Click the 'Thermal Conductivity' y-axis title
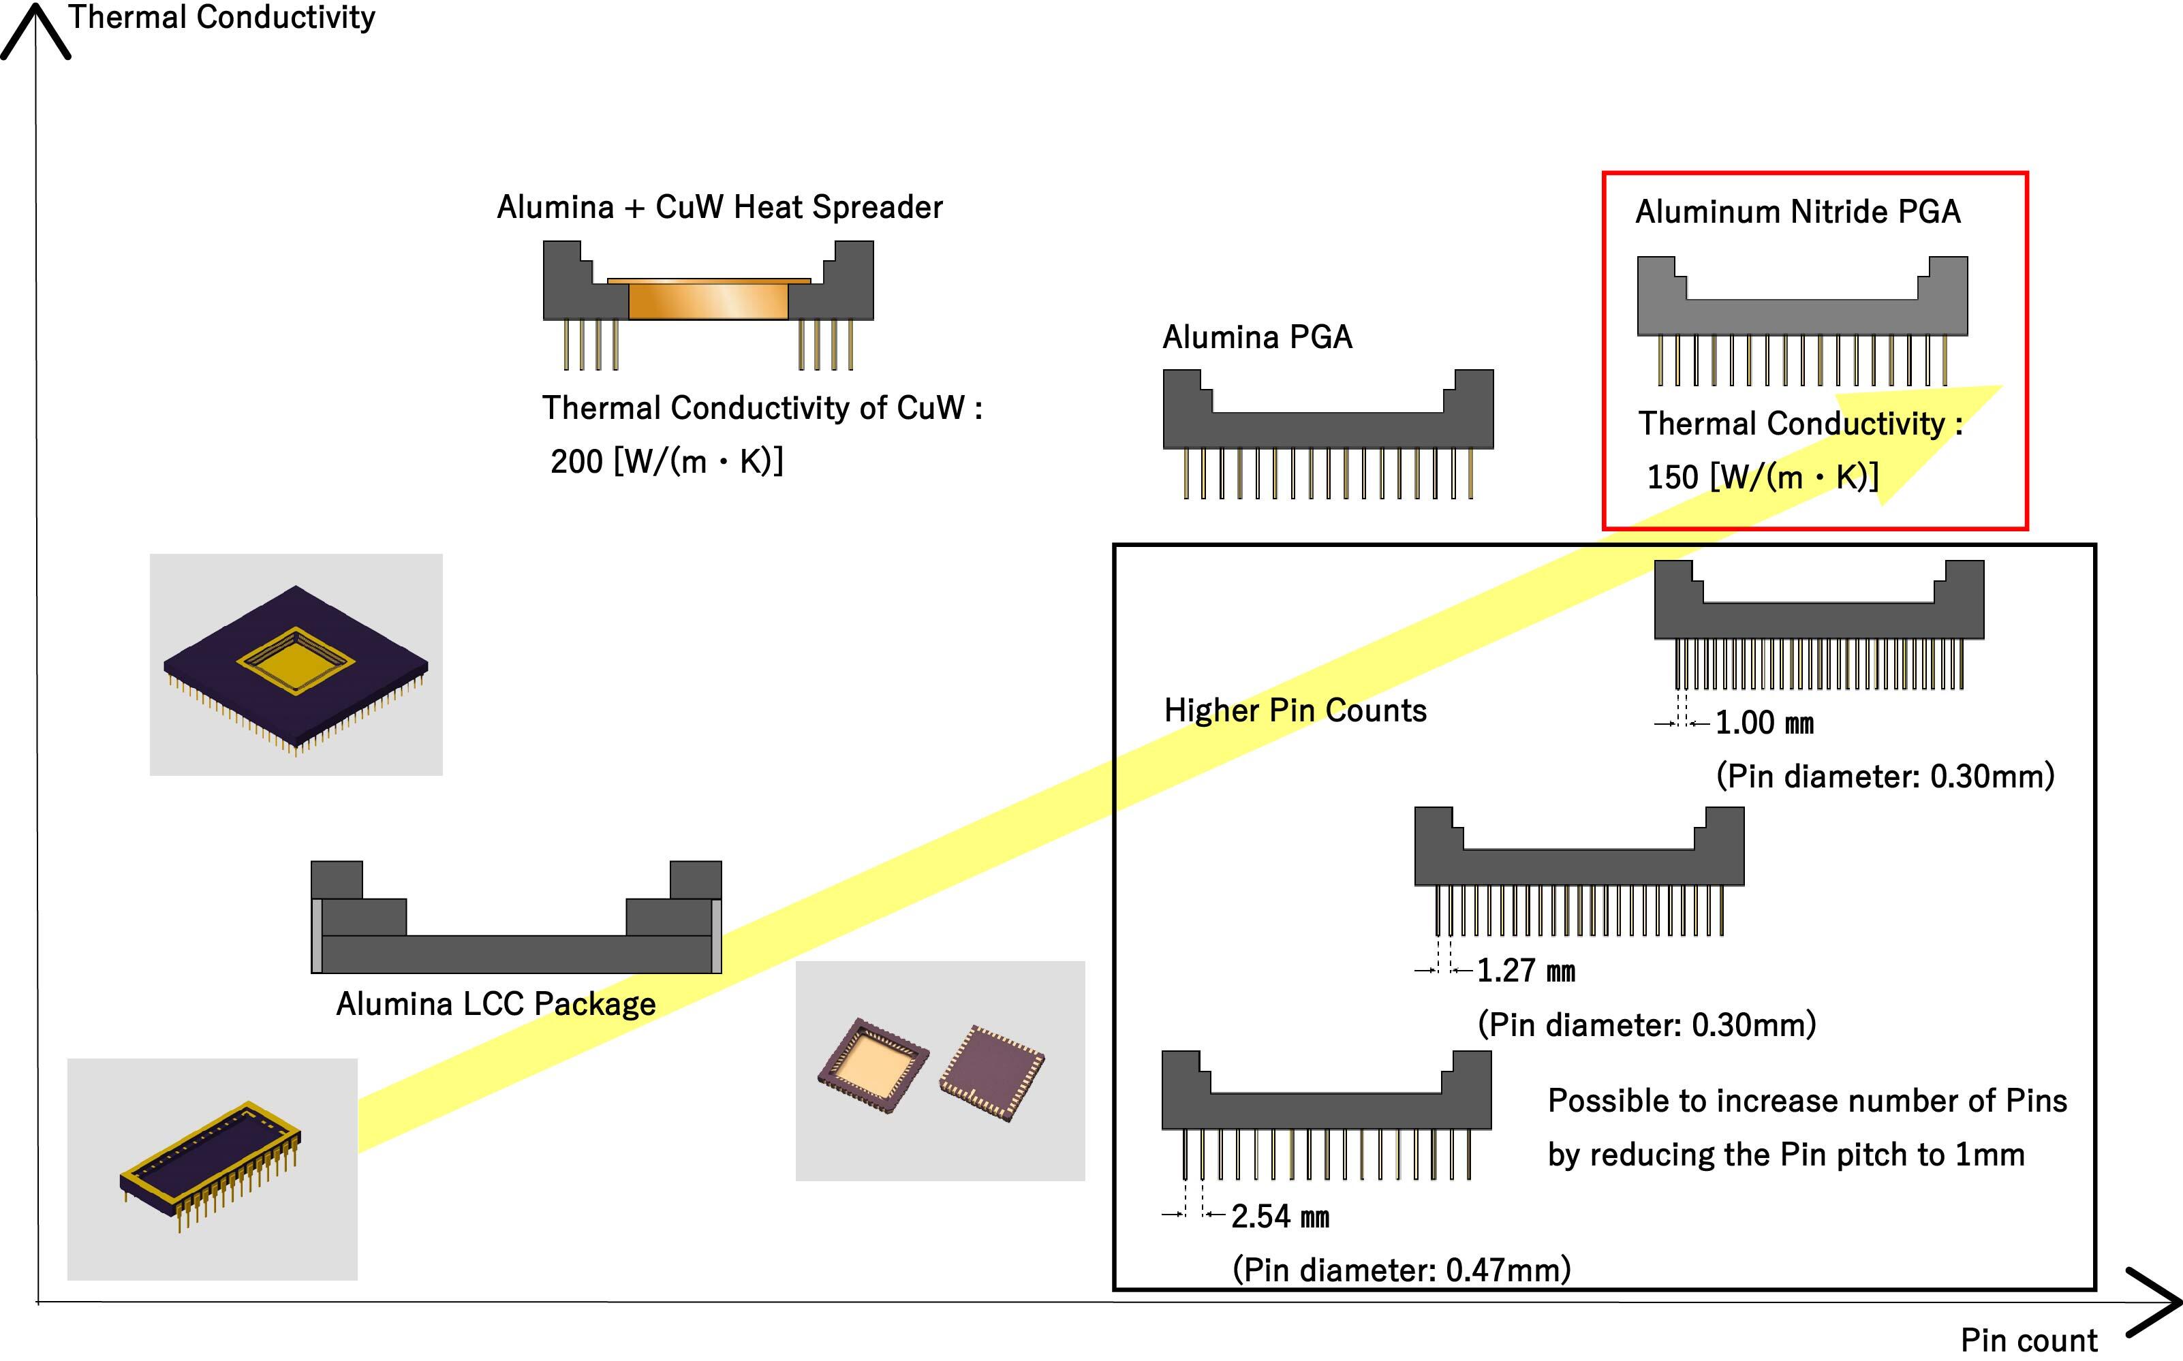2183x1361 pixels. [221, 17]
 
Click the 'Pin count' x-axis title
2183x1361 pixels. [2029, 1339]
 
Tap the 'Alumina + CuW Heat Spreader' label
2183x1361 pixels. [719, 207]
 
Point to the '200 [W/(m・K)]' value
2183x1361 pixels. [667, 462]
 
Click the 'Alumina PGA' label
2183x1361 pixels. [1256, 337]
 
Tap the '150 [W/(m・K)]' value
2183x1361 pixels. [1763, 477]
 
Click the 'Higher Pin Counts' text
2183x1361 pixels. [1295, 710]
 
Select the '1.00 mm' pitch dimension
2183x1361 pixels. [1763, 723]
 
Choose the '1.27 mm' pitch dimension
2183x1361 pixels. [1526, 970]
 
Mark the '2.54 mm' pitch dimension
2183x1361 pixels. [1279, 1216]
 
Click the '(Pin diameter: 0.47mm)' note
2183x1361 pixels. [1401, 1269]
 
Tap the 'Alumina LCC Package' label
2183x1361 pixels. [496, 1003]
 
